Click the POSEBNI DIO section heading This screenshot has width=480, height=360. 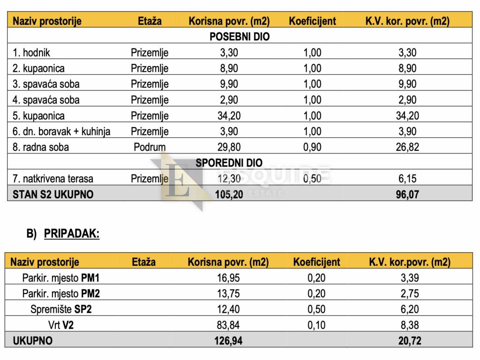click(240, 37)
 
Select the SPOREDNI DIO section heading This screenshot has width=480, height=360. click(229, 163)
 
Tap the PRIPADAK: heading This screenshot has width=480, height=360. click(72, 234)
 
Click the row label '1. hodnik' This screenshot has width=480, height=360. click(31, 52)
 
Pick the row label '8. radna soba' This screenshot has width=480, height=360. click(40, 147)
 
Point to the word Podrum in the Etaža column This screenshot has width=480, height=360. click(150, 147)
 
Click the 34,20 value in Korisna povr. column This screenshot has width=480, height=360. click(229, 115)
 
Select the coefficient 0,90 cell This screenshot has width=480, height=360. click(312, 147)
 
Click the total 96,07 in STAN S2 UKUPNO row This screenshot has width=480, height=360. click(407, 194)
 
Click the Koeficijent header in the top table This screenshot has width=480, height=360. click(312, 21)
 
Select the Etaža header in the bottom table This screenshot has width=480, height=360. click(143, 262)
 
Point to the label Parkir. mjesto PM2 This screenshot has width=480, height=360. click(61, 293)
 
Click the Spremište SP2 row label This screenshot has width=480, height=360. click(61, 309)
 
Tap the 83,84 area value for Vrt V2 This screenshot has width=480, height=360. click(228, 324)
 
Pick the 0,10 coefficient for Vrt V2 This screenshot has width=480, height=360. click(316, 324)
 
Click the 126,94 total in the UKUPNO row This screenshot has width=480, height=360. click(228, 340)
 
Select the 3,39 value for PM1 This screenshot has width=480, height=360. click(409, 278)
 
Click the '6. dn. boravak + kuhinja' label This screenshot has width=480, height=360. click(61, 131)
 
